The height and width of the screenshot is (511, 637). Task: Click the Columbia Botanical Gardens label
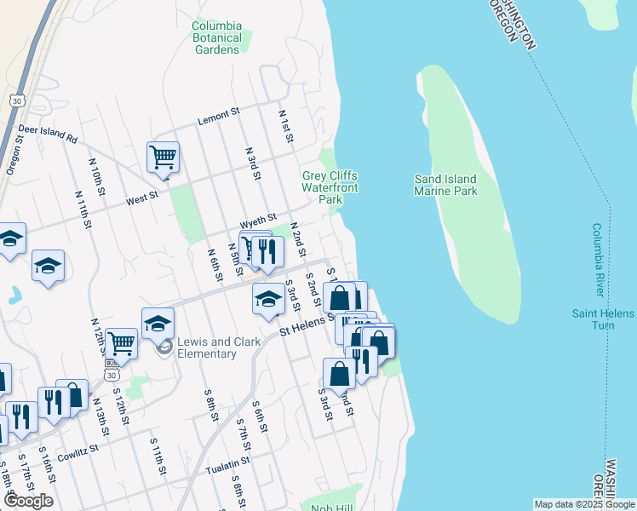[x=217, y=37]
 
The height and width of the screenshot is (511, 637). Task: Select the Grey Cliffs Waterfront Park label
[x=330, y=187]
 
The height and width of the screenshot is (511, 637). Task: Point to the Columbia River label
[x=598, y=261]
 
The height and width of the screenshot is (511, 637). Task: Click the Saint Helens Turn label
[x=603, y=319]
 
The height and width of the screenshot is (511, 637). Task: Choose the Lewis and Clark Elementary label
[x=207, y=347]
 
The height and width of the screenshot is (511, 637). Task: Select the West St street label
[x=142, y=197]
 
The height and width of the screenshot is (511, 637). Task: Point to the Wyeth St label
[x=258, y=221]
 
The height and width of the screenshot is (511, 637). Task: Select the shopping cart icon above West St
[x=163, y=158]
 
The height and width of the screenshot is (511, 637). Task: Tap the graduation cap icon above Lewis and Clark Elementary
[x=158, y=324]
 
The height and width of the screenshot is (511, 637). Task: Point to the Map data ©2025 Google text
[x=583, y=504]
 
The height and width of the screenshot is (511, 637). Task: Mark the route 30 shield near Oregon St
[x=17, y=100]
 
